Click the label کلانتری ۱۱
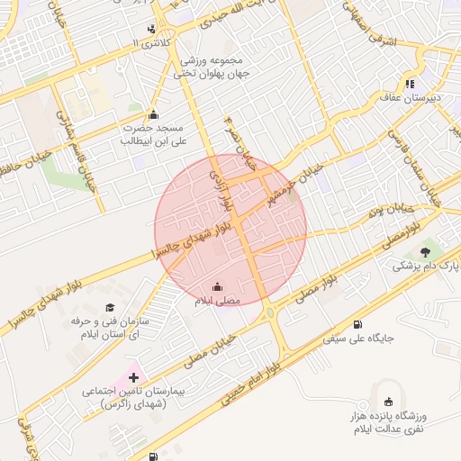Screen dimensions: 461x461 pos(149,43)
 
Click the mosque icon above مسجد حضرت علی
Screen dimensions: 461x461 pos(153,114)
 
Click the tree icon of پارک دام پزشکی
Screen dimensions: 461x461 pos(425,249)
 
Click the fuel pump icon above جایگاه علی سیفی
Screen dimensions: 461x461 pos(359,324)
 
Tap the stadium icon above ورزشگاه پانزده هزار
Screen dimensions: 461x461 pos(388,402)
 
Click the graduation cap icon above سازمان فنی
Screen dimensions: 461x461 pos(110,307)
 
